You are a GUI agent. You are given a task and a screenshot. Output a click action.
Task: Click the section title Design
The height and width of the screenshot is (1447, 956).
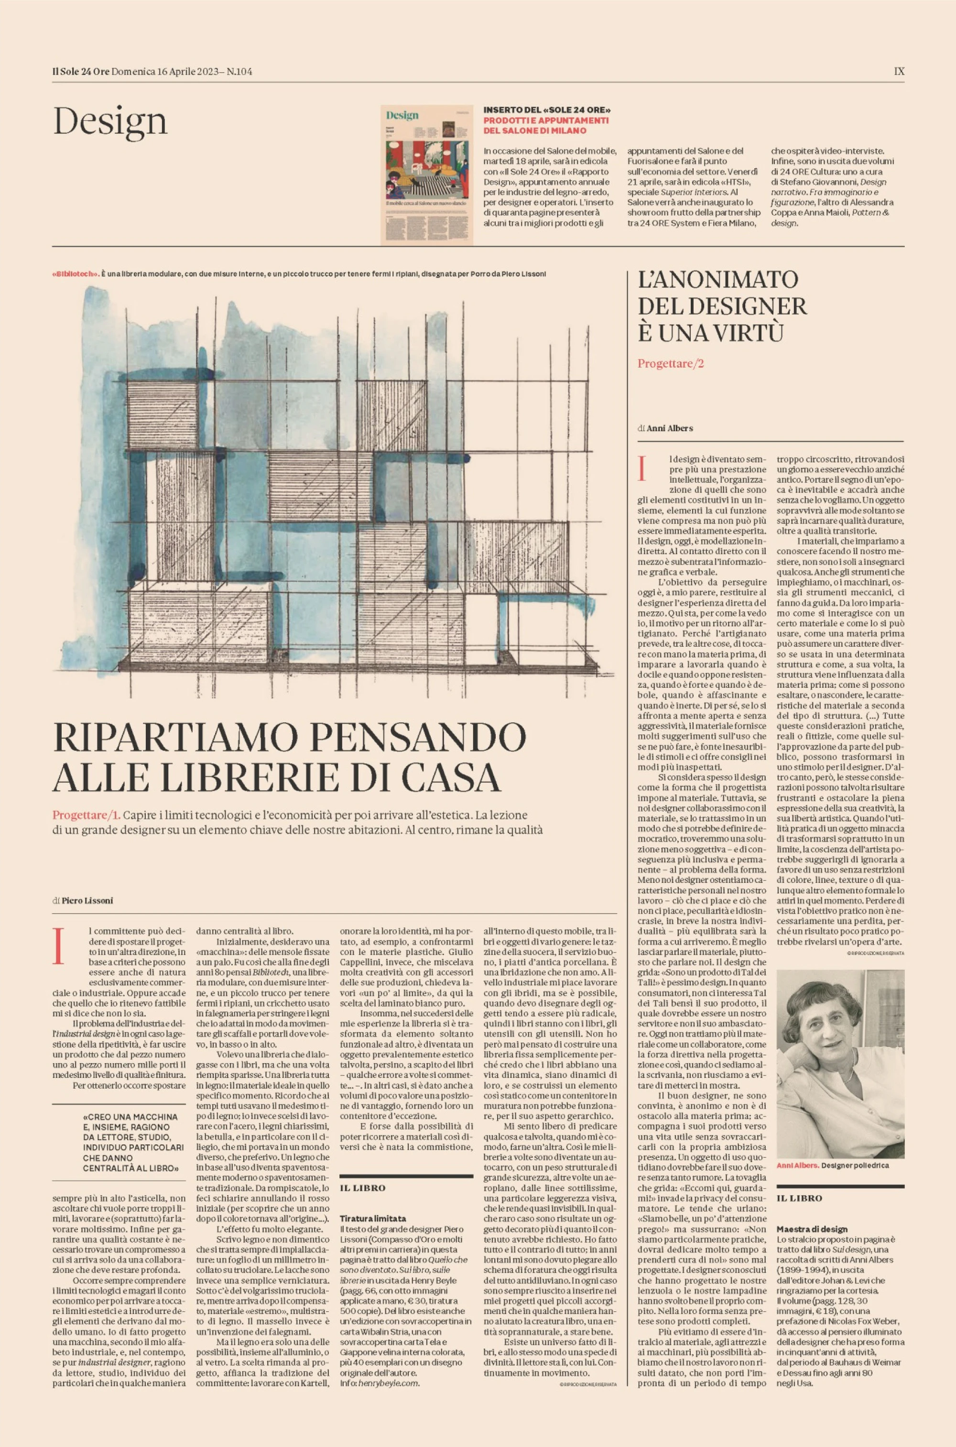pyautogui.click(x=110, y=121)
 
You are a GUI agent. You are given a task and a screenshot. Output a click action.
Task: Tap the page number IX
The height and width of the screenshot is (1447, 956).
pyautogui.click(x=899, y=71)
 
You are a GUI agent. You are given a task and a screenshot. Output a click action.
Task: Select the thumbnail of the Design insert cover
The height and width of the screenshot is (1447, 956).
pyautogui.click(x=427, y=175)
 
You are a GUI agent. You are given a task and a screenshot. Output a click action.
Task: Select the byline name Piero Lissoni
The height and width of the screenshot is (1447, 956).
pyautogui.click(x=87, y=900)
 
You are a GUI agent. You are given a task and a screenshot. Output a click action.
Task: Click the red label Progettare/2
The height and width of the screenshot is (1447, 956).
pyautogui.click(x=671, y=364)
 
